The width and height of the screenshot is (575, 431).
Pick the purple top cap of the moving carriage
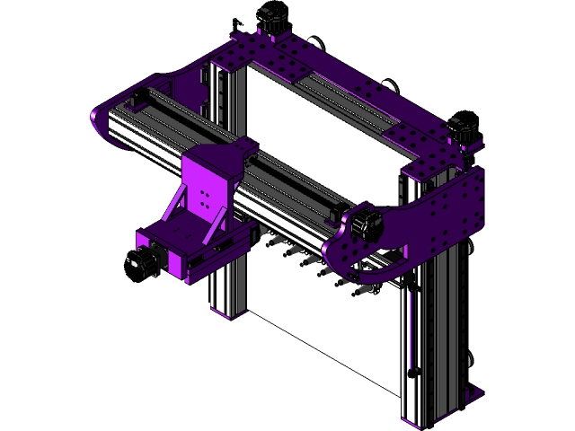pos(216,157)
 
